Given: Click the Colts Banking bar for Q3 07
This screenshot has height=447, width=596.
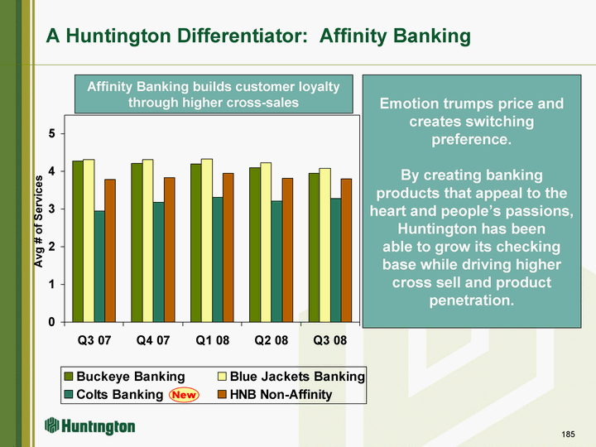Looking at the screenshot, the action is (x=99, y=267).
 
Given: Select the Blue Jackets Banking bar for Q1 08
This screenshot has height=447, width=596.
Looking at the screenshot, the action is (x=207, y=241).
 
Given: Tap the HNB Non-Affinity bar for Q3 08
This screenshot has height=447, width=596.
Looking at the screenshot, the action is (x=346, y=251).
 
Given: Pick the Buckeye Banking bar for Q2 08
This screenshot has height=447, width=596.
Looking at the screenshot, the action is (x=255, y=245).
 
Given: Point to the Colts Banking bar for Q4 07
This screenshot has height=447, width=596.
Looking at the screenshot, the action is (x=158, y=262).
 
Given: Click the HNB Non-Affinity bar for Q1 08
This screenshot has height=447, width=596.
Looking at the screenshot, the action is (x=228, y=248).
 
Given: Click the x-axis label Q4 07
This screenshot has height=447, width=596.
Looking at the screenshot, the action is (x=153, y=340).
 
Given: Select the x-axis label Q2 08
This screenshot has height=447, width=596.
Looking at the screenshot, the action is (x=272, y=340).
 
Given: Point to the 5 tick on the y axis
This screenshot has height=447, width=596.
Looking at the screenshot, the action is (x=51, y=134).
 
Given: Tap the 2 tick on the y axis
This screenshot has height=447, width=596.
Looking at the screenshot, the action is (x=51, y=247).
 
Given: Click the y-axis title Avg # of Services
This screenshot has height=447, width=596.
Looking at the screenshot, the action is (x=38, y=221).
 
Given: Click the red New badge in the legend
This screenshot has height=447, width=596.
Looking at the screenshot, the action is (x=184, y=395).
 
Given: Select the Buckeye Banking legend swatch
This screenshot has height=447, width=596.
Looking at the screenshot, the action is (x=69, y=377).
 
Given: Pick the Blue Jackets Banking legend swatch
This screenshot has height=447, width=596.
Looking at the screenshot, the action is (x=222, y=377).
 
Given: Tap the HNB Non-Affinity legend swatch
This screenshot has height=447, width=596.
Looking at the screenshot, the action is (x=222, y=395).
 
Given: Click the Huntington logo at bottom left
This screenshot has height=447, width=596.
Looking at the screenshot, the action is (x=89, y=426).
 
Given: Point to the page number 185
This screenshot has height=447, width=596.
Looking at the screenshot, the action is (x=568, y=434).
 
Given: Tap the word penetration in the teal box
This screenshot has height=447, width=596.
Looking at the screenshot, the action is (x=471, y=300).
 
